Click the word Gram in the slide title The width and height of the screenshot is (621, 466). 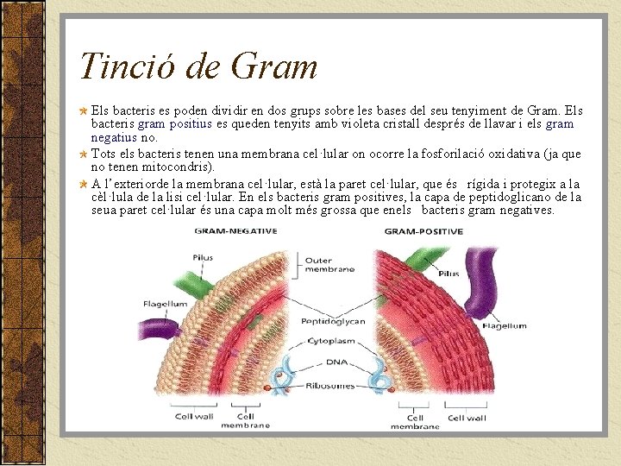tap(273, 66)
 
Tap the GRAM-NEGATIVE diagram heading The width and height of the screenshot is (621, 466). tap(235, 231)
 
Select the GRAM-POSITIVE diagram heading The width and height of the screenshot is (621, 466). tap(423, 231)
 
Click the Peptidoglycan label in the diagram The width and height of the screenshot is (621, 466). tap(332, 321)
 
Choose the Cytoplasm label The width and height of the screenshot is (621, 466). tap(332, 341)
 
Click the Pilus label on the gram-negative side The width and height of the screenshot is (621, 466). tap(203, 257)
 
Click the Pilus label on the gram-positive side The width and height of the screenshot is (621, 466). tap(448, 274)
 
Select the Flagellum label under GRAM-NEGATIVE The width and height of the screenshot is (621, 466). tap(165, 304)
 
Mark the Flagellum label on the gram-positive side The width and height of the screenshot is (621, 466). tap(504, 326)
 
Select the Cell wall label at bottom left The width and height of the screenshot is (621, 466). tap(195, 417)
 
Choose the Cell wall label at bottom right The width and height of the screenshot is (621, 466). tap(467, 418)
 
